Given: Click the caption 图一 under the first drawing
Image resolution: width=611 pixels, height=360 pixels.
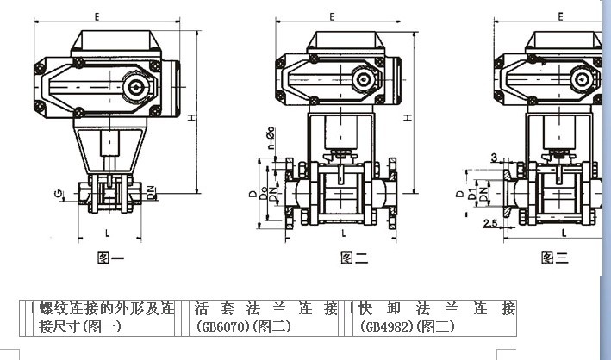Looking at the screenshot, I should point(112,257).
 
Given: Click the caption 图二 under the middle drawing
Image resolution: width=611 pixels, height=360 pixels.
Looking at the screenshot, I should point(354,257).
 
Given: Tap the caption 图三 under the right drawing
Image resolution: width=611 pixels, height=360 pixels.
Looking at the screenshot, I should point(554,257).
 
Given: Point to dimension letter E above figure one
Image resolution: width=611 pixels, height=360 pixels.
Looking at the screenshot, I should point(97,16).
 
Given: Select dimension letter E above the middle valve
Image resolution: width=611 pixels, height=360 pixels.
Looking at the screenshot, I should point(332,16).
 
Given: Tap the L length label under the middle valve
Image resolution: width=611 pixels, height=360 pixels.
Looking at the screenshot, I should point(344,233).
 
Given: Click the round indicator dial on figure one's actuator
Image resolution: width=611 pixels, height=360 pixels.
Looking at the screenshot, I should point(135,87).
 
